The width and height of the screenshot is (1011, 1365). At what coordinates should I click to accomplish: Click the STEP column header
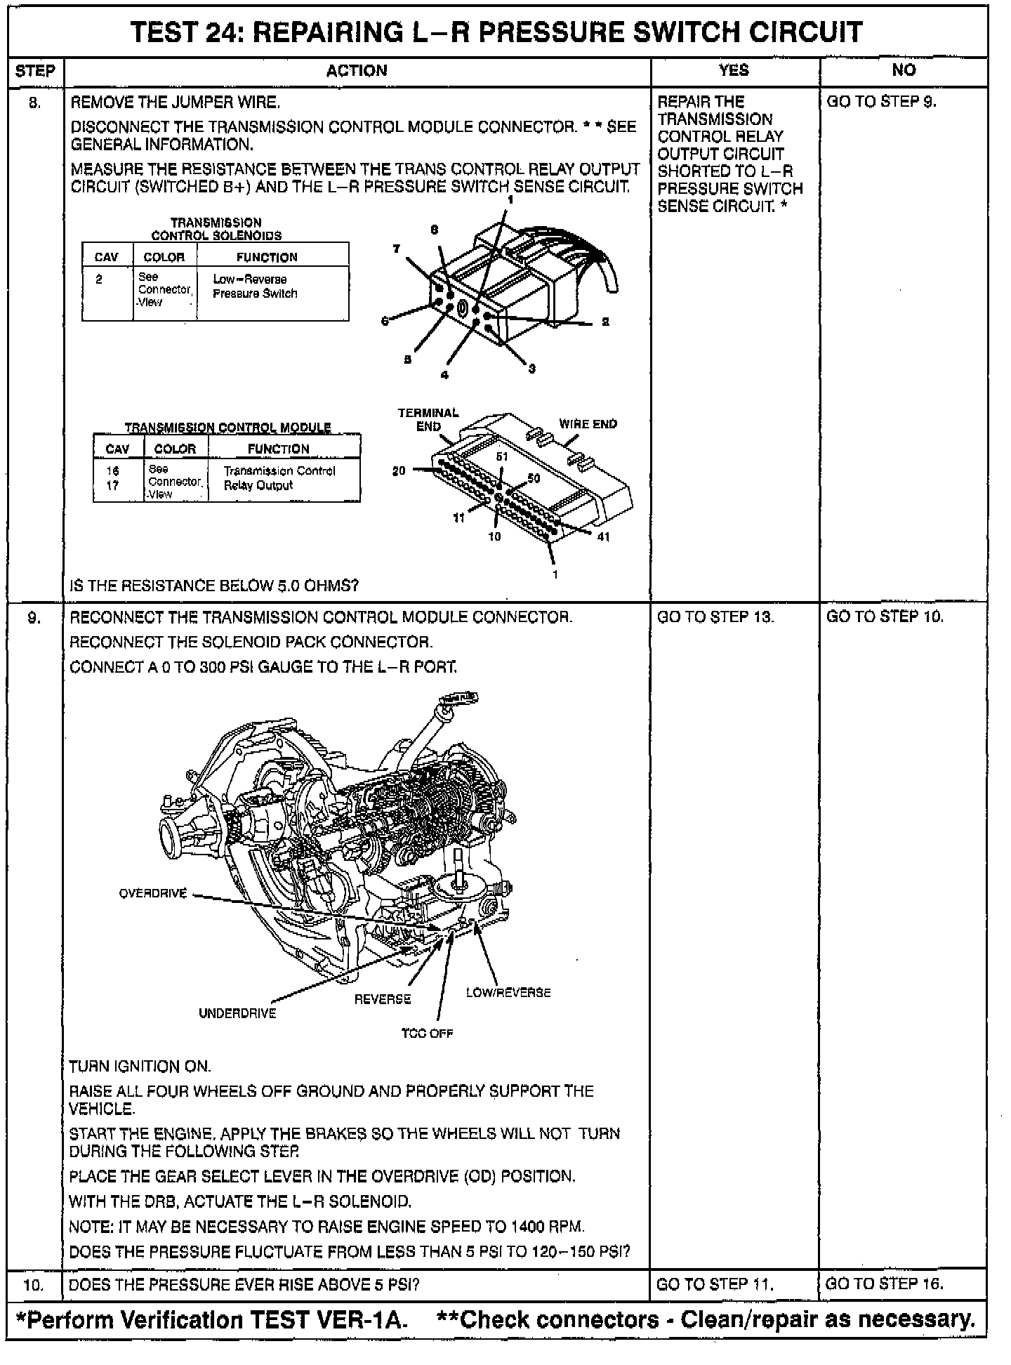(34, 71)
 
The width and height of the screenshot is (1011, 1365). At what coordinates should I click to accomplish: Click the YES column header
(734, 70)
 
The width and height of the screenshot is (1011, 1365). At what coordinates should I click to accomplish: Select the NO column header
(904, 70)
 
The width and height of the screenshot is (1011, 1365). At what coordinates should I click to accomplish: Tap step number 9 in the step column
(34, 617)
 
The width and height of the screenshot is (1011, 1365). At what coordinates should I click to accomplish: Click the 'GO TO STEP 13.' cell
(715, 617)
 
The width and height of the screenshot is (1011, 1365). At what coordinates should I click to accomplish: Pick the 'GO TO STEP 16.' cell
(885, 1284)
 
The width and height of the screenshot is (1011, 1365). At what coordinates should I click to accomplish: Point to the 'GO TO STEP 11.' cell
(715, 1284)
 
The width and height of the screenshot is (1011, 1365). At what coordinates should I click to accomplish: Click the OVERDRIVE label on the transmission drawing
(153, 894)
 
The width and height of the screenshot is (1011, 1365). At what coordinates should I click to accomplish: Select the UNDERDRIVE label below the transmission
(237, 1013)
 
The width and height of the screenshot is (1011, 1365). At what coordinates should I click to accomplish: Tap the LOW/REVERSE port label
(508, 993)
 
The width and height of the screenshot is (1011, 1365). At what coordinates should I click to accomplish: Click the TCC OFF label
(427, 1033)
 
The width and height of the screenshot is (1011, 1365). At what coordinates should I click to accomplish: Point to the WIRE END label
(588, 424)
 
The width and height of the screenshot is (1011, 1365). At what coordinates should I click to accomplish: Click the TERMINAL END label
(428, 419)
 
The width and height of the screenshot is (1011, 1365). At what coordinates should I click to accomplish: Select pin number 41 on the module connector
(603, 537)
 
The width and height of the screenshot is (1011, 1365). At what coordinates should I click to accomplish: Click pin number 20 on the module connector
(399, 471)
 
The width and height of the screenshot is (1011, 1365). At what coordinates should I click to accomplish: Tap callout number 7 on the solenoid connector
(397, 249)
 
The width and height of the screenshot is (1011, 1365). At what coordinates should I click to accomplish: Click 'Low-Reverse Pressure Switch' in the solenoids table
(255, 286)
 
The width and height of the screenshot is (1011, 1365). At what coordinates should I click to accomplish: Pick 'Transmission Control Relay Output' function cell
(279, 478)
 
